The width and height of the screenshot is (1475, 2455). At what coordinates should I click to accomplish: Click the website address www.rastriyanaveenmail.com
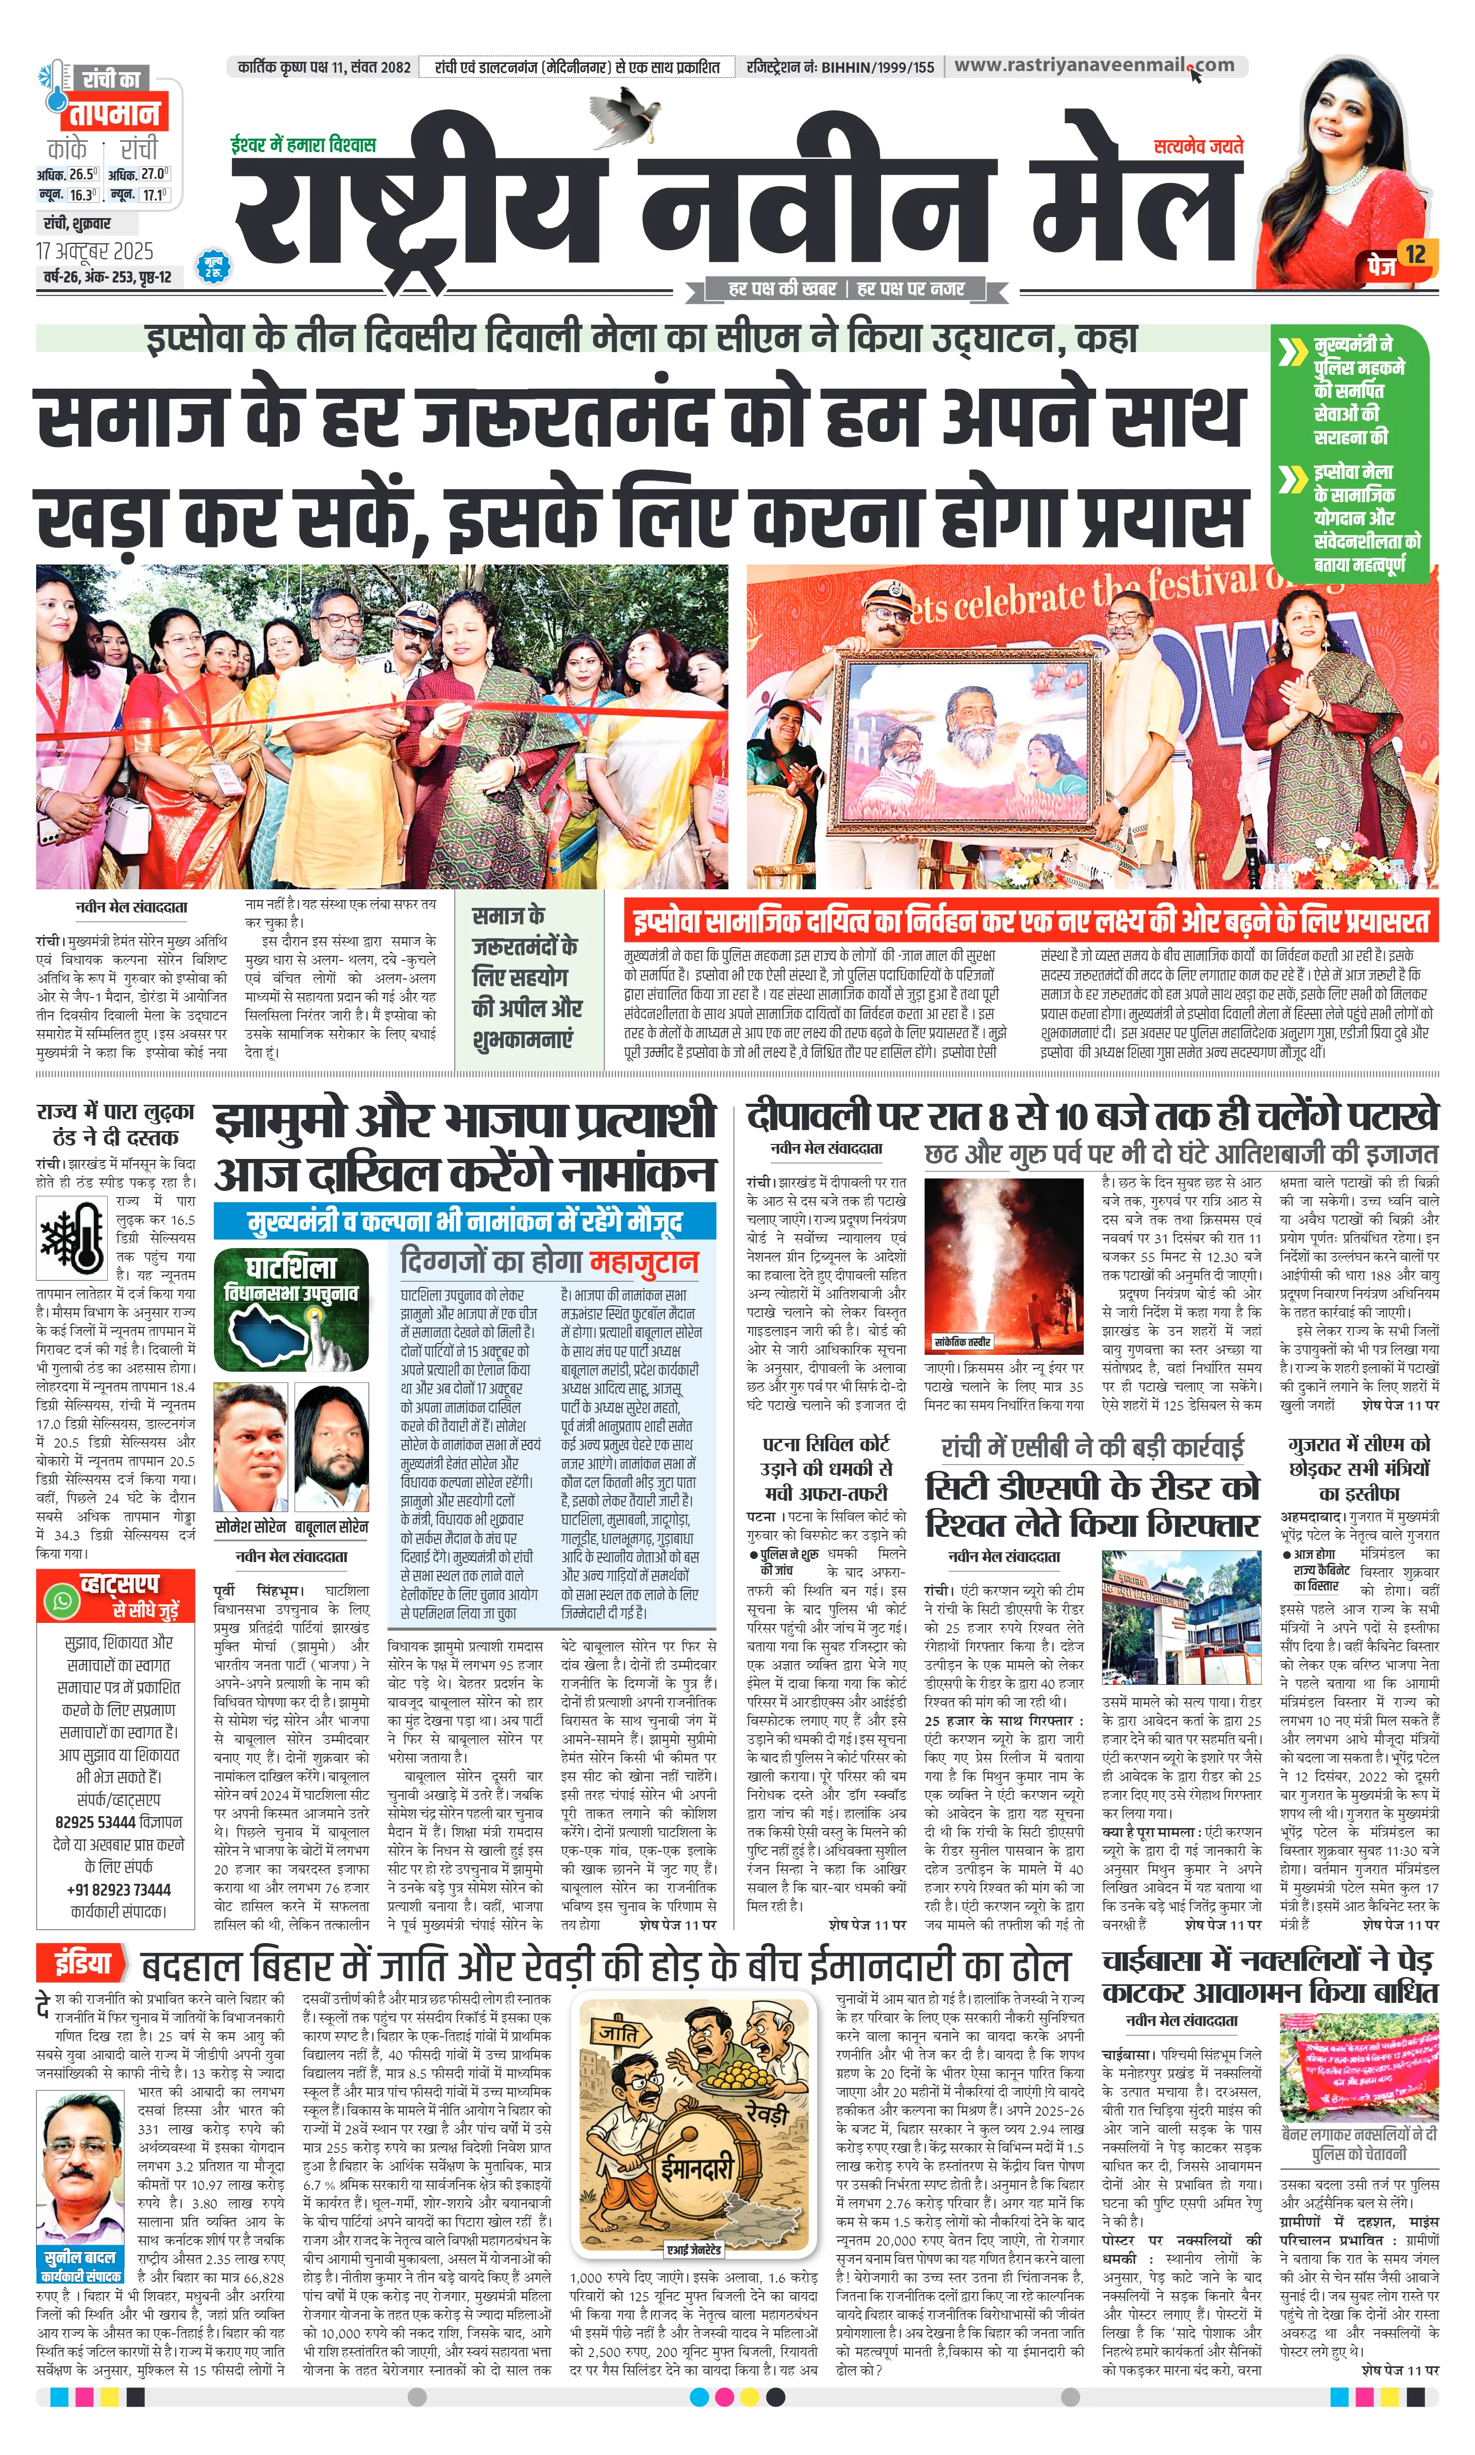(x=1093, y=65)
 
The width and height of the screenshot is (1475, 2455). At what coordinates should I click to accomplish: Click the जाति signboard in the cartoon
(x=617, y=2034)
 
